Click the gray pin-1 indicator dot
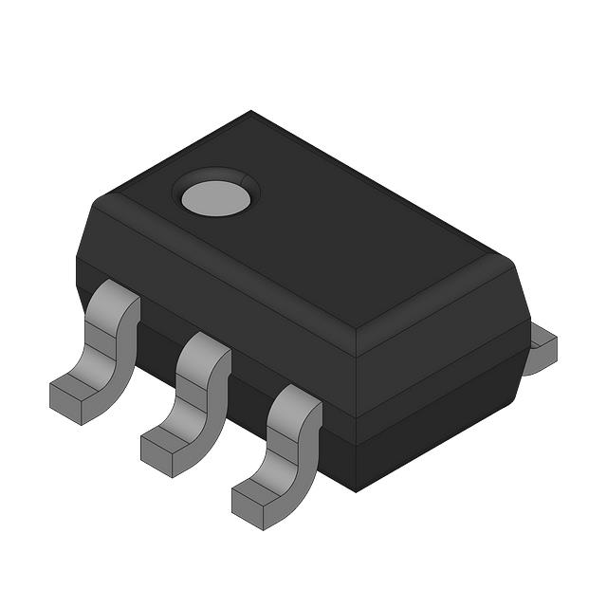(215, 197)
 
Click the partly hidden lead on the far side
(543, 349)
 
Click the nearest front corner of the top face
(356, 328)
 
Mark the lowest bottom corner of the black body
(356, 489)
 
